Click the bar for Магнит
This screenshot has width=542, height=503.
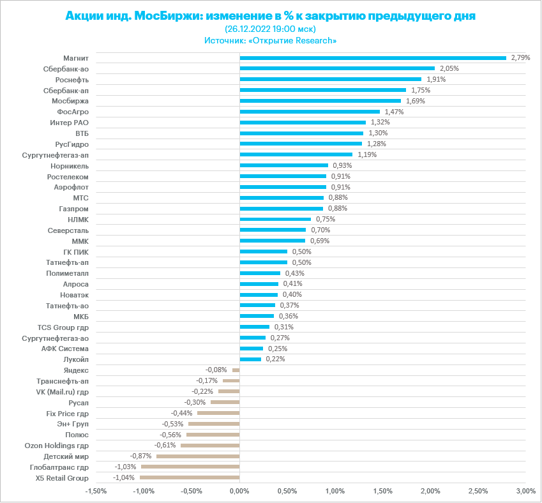tap(373, 57)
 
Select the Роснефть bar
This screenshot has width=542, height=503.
tap(331, 79)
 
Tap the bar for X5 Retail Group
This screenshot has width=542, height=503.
tap(190, 477)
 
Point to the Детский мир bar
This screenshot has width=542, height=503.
tap(198, 456)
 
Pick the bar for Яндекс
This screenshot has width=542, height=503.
tap(236, 370)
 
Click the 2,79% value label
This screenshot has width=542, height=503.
tap(521, 57)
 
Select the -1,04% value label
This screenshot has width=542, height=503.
tap(124, 477)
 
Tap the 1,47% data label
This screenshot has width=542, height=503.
tap(395, 112)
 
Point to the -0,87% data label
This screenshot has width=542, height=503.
tap(140, 456)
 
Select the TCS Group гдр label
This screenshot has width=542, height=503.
tap(63, 327)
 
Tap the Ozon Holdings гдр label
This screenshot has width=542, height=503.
tap(56, 446)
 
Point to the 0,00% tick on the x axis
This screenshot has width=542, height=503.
tap(239, 491)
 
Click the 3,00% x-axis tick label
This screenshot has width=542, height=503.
tap(525, 491)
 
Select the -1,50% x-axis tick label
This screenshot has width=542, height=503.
tap(96, 491)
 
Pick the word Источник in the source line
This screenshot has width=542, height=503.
tap(225, 40)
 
